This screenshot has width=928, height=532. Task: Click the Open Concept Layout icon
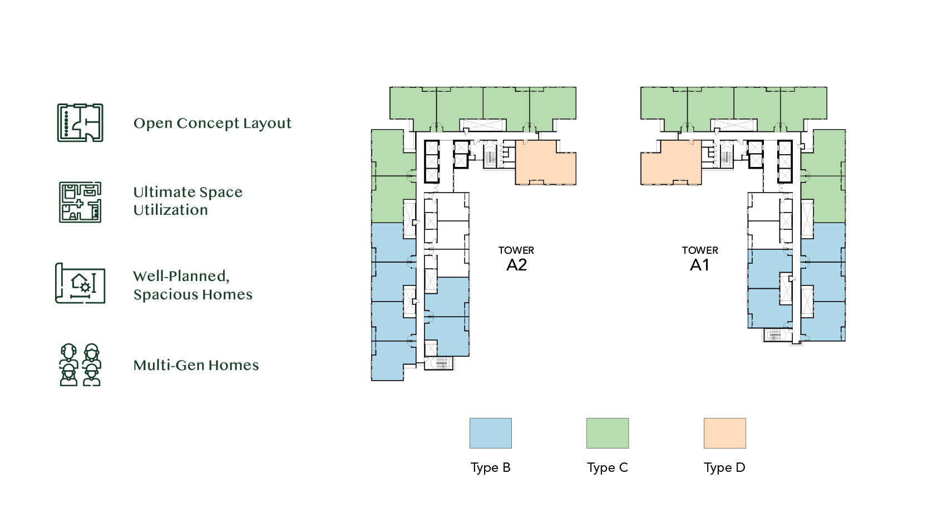click(80, 122)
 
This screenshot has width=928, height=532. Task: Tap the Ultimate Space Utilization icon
click(80, 202)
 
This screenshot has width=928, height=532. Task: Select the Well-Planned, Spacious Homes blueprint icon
click(80, 283)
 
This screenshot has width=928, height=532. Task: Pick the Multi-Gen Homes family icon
click(80, 364)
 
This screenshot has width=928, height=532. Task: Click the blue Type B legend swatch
click(491, 433)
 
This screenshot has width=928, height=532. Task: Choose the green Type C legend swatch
click(608, 433)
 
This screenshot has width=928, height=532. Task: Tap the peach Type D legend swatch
click(724, 433)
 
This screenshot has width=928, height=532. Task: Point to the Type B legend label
click(491, 468)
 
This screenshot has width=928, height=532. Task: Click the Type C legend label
click(608, 468)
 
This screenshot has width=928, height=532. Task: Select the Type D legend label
click(724, 468)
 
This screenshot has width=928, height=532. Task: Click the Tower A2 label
click(516, 259)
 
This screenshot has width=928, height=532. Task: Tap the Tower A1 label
click(700, 259)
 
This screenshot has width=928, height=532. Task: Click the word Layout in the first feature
click(267, 124)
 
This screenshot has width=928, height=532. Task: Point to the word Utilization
click(170, 210)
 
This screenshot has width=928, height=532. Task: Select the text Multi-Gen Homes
click(196, 365)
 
